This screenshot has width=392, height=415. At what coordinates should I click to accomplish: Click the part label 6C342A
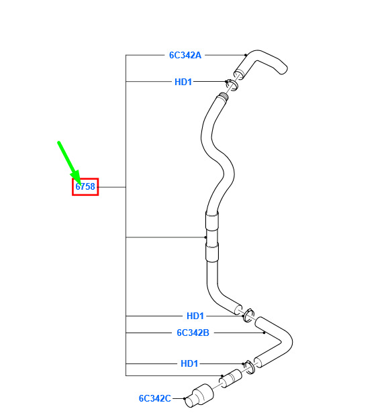(185, 55)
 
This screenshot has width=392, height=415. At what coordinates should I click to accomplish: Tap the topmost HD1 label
(183, 82)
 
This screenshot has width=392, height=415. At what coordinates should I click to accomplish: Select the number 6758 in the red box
(85, 186)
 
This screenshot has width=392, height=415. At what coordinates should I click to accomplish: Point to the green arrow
(68, 162)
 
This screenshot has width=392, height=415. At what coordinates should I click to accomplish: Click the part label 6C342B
(193, 333)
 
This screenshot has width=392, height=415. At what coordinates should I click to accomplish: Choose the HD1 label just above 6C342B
(195, 316)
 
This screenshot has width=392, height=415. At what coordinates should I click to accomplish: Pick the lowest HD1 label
(189, 363)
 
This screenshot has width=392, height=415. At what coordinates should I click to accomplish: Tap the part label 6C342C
(155, 398)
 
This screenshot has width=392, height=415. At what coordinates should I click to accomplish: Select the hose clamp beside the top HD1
(232, 84)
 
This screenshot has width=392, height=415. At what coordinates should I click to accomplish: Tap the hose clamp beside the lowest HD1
(249, 367)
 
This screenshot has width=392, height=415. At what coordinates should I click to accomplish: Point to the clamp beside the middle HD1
(249, 315)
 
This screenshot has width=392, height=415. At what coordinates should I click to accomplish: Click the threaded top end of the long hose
(224, 97)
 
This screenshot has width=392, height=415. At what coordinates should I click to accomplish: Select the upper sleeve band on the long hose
(212, 221)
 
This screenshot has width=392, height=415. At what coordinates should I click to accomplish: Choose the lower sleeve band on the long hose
(212, 253)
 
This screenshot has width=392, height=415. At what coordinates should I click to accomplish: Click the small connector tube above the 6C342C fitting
(231, 379)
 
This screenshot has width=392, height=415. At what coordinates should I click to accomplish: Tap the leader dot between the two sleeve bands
(205, 237)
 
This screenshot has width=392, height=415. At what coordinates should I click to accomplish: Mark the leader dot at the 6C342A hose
(246, 55)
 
